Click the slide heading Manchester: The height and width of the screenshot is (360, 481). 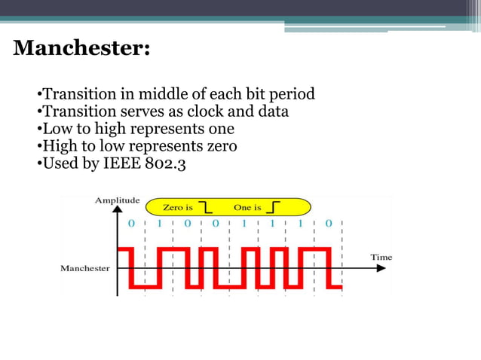81,49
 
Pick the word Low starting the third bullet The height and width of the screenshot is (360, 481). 56,128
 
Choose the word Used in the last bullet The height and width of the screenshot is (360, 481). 59,161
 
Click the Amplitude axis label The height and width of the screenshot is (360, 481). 117,200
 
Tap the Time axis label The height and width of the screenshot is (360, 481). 381,257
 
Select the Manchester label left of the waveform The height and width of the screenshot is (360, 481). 85,268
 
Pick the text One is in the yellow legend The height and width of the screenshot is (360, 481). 248,207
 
